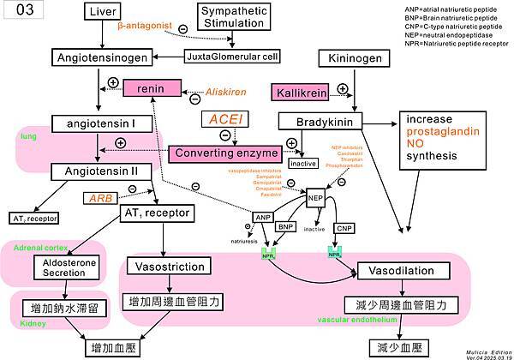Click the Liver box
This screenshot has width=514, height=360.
[100, 11]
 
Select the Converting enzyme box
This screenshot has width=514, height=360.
[227, 153]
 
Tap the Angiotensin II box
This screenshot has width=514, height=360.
[100, 171]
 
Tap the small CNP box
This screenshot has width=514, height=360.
[344, 228]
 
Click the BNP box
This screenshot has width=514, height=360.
[287, 227]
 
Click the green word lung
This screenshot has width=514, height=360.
[27, 135]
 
